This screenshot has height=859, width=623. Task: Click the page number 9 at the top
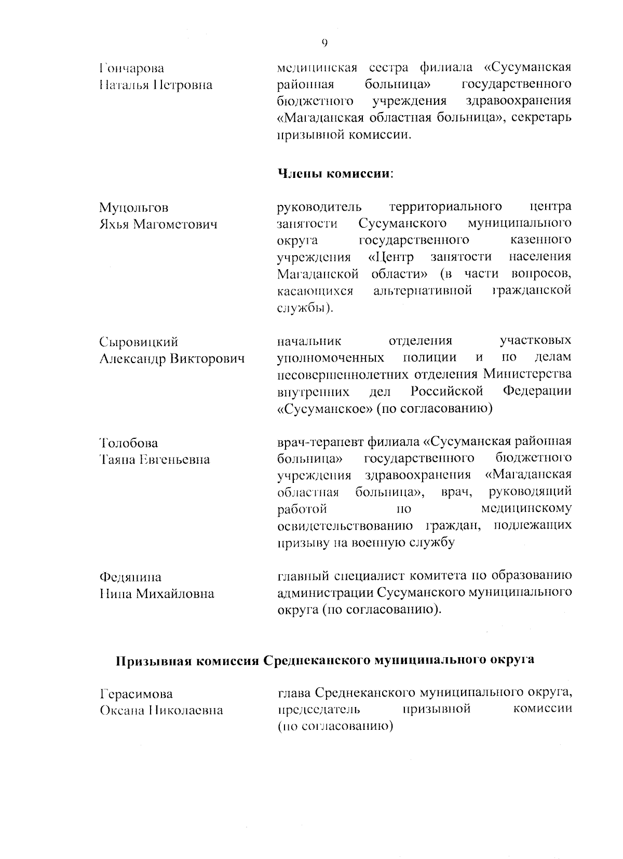tap(324, 43)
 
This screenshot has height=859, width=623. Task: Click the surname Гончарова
tap(131, 68)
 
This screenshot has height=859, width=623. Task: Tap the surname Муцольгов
tap(133, 208)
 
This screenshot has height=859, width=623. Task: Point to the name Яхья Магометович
tap(158, 225)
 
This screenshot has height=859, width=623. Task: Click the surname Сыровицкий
tap(138, 342)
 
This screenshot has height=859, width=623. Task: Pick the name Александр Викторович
tap(171, 358)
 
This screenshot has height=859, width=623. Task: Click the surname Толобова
tap(129, 443)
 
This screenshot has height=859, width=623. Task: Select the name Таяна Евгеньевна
tap(154, 460)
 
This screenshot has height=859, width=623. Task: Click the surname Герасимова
tap(136, 694)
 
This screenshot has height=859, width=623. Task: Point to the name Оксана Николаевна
tap(161, 711)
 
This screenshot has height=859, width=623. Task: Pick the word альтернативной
tap(423, 290)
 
